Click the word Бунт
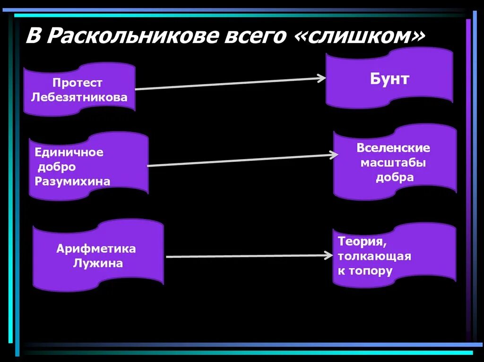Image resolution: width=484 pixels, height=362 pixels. [389, 79]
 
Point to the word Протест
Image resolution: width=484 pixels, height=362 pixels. [78, 83]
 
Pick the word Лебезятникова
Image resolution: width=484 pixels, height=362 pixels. [79, 98]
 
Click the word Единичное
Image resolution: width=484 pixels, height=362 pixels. [69, 152]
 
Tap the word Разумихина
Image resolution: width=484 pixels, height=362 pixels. [72, 182]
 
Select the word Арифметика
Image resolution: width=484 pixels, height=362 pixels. [96, 249]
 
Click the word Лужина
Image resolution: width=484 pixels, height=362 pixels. [98, 263]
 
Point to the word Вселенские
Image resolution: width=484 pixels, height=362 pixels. [393, 148]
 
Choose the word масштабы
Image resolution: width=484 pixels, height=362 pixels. [393, 163]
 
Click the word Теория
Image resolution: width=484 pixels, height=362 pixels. [360, 241]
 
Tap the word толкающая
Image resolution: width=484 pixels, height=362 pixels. [374, 256]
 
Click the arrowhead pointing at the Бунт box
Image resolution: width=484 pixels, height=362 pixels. [322, 78]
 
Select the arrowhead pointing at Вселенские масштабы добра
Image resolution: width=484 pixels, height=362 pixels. [334, 155]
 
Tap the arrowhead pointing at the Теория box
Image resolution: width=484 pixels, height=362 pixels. [328, 255]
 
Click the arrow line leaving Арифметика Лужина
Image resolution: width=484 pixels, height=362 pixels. [246, 256]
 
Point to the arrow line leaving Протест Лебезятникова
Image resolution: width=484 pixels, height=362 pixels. [227, 84]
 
